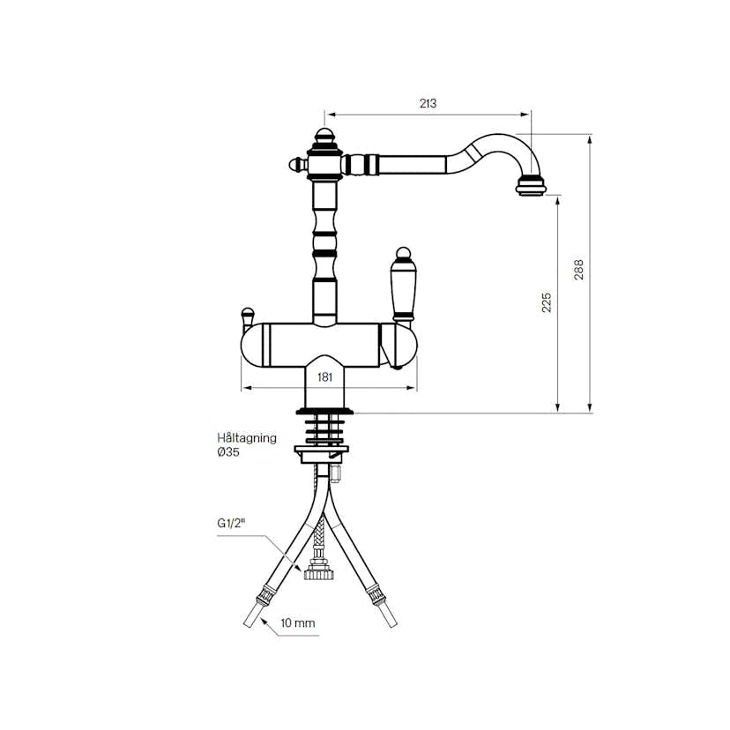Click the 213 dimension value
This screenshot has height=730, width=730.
[x=428, y=103]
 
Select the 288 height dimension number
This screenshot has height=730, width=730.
[x=579, y=269]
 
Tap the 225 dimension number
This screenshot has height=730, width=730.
[x=546, y=302]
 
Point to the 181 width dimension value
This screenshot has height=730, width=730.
[x=324, y=377]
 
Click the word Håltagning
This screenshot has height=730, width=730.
[x=247, y=437]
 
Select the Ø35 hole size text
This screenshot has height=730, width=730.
[x=228, y=451]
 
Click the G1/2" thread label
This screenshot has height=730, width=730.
[x=230, y=524]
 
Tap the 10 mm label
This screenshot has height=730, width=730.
[x=298, y=623]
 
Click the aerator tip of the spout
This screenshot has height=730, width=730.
[x=532, y=186]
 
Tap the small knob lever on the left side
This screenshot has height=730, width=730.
[x=247, y=314]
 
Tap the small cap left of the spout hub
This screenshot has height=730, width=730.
[x=295, y=163]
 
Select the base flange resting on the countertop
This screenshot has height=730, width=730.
[x=324, y=410]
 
